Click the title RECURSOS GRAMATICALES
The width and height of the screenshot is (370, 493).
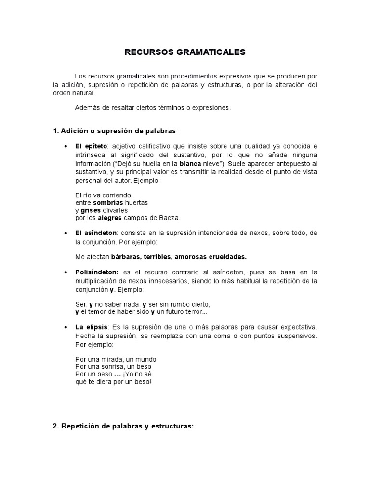[185, 52]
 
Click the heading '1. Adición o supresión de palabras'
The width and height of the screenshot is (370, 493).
[115, 131]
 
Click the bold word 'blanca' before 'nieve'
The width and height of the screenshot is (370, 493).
[189, 163]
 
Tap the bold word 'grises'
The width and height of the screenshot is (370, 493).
[90, 210]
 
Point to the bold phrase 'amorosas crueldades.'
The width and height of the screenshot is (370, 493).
[211, 256]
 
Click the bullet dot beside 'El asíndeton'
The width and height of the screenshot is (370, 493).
[65, 233]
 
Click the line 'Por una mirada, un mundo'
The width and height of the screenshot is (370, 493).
[116, 360]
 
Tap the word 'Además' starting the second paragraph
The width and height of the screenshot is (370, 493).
[87, 108]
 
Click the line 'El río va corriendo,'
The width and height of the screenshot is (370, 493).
[104, 195]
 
